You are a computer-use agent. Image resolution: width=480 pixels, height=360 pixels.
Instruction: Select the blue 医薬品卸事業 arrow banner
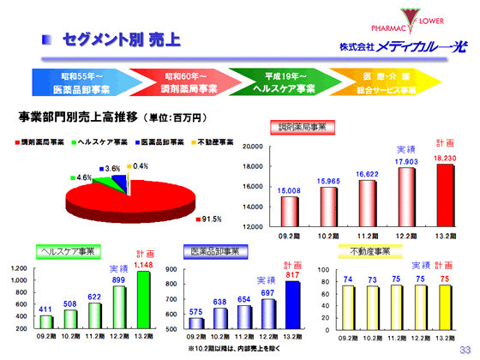coord(81,82)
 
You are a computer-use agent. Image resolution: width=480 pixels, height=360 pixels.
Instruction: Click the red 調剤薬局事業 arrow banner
coord(189,82)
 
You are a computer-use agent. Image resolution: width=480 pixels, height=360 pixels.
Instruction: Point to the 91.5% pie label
coord(212,219)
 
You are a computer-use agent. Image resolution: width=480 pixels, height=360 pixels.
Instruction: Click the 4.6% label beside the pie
coord(84,177)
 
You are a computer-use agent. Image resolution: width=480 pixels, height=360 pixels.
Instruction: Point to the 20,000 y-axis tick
coord(251,147)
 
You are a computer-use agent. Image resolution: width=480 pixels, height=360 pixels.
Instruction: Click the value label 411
coord(45,309)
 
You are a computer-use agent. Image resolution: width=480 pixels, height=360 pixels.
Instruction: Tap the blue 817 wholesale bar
coord(292,304)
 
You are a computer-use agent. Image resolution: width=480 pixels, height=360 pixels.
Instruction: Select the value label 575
coord(196,311)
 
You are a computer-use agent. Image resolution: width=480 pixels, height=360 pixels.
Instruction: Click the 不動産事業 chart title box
coord(371,251)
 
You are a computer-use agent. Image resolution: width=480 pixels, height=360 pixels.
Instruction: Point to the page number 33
coord(465,349)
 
